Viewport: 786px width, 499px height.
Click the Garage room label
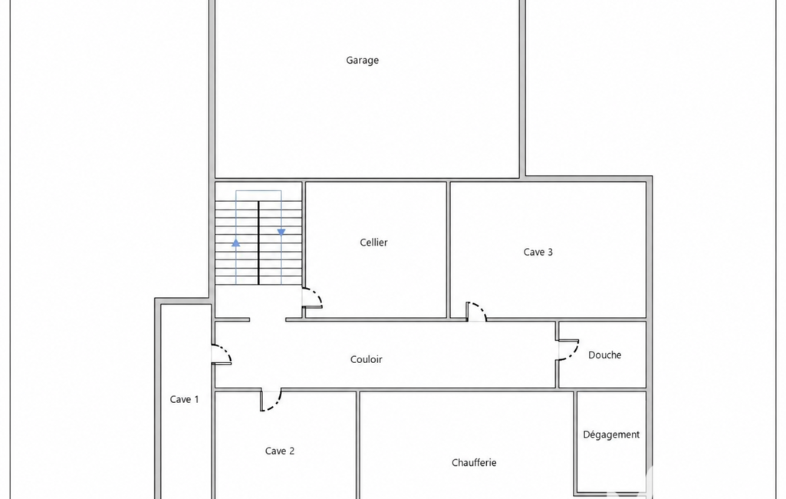click(x=362, y=61)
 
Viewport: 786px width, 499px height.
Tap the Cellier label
click(x=373, y=243)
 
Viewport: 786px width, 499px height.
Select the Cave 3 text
click(x=538, y=252)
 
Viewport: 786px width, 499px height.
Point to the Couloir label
click(x=366, y=359)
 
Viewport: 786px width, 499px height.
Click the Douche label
click(x=604, y=355)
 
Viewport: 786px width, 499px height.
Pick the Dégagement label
click(x=611, y=435)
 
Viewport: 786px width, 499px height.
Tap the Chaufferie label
click(x=474, y=463)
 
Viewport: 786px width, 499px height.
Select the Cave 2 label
click(x=280, y=451)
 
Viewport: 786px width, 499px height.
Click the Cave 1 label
click(x=184, y=400)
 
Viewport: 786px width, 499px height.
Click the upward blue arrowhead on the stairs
click(x=235, y=243)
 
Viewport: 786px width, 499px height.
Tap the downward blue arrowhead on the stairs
click(x=281, y=232)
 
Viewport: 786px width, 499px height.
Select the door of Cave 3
click(x=475, y=311)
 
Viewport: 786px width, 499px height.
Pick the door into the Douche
click(x=570, y=350)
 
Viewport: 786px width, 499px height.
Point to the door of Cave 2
click(x=271, y=400)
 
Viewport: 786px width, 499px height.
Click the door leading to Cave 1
click(x=222, y=354)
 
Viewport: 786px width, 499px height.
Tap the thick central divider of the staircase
click(x=258, y=243)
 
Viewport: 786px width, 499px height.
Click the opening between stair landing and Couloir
click(x=268, y=320)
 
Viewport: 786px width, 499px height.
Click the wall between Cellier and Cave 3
click(x=448, y=250)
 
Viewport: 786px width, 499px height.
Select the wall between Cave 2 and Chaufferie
click(x=358, y=444)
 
